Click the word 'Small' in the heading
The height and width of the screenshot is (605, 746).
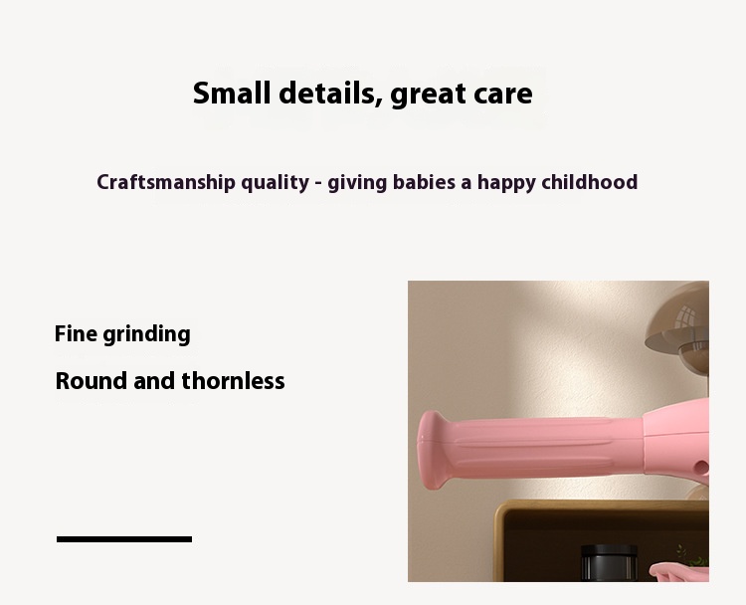(232, 94)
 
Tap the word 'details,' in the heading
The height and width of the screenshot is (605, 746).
(329, 94)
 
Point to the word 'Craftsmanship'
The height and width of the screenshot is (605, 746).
(165, 182)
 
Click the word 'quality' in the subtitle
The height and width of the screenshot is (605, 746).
(275, 183)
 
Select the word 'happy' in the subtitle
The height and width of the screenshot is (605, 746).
(505, 183)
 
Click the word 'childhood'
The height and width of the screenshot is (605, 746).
(589, 182)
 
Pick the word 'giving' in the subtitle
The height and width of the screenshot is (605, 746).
(357, 183)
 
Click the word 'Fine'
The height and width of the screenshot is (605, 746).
(76, 333)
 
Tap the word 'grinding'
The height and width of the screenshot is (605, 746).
(146, 334)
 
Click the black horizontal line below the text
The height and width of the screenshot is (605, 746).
(124, 539)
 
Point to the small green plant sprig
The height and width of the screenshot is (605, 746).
(684, 553)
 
